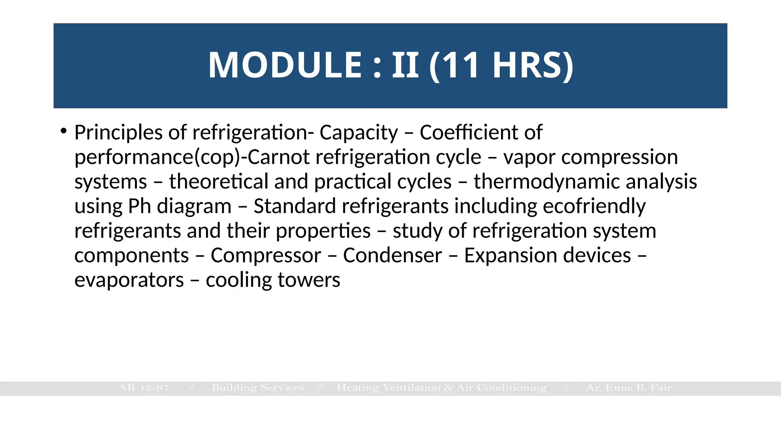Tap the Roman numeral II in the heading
pos(405,65)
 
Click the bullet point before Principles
pos(63,131)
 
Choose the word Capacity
pos(358,133)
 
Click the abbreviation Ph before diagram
pos(140,207)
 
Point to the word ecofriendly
pos(594,207)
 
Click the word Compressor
pos(266,255)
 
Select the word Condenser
pos(392,255)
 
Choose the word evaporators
pos(129,280)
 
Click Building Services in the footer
pos(258,388)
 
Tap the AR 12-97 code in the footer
pos(143,388)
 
